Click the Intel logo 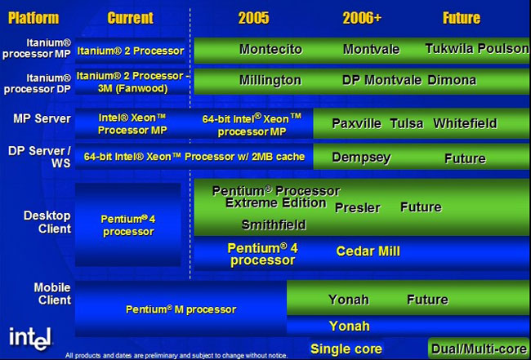point(30,339)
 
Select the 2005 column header point(253,18)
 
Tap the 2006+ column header point(362,18)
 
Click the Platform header point(33,18)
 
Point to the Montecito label point(270,50)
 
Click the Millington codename point(270,81)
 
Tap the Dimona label point(452,81)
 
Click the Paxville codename point(357,123)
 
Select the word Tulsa point(406,123)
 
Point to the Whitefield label point(465,123)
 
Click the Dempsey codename point(361,158)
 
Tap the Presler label point(358,207)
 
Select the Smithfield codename point(274,225)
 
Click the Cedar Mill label point(368,251)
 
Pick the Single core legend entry point(346,349)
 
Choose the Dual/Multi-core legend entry point(479,349)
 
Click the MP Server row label point(42,118)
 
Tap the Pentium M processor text point(181,309)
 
